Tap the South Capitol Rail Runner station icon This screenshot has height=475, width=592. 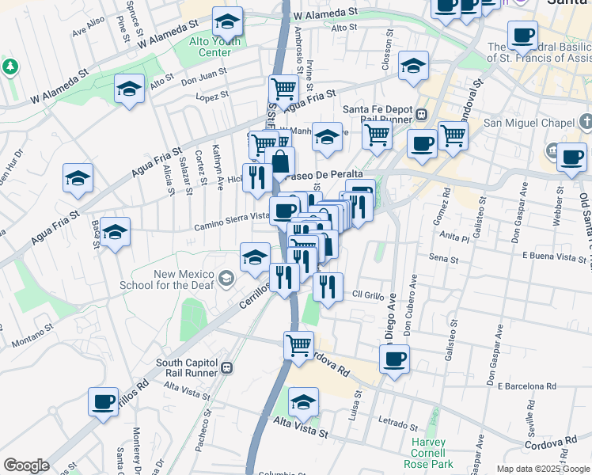click(227, 367)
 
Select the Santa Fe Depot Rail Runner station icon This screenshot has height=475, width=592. click(422, 113)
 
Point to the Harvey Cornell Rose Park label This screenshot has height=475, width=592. click(432, 453)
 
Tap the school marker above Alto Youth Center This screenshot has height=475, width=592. click(228, 21)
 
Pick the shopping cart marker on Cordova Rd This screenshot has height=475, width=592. click(299, 345)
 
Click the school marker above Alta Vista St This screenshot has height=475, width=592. click(303, 402)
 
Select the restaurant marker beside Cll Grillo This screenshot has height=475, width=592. click(328, 287)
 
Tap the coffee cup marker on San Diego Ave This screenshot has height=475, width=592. click(394, 359)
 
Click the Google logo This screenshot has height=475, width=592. click(26, 465)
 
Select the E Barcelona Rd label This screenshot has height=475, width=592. click(539, 386)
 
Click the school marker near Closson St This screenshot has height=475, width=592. click(413, 67)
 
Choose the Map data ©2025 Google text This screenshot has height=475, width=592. click(543, 469)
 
